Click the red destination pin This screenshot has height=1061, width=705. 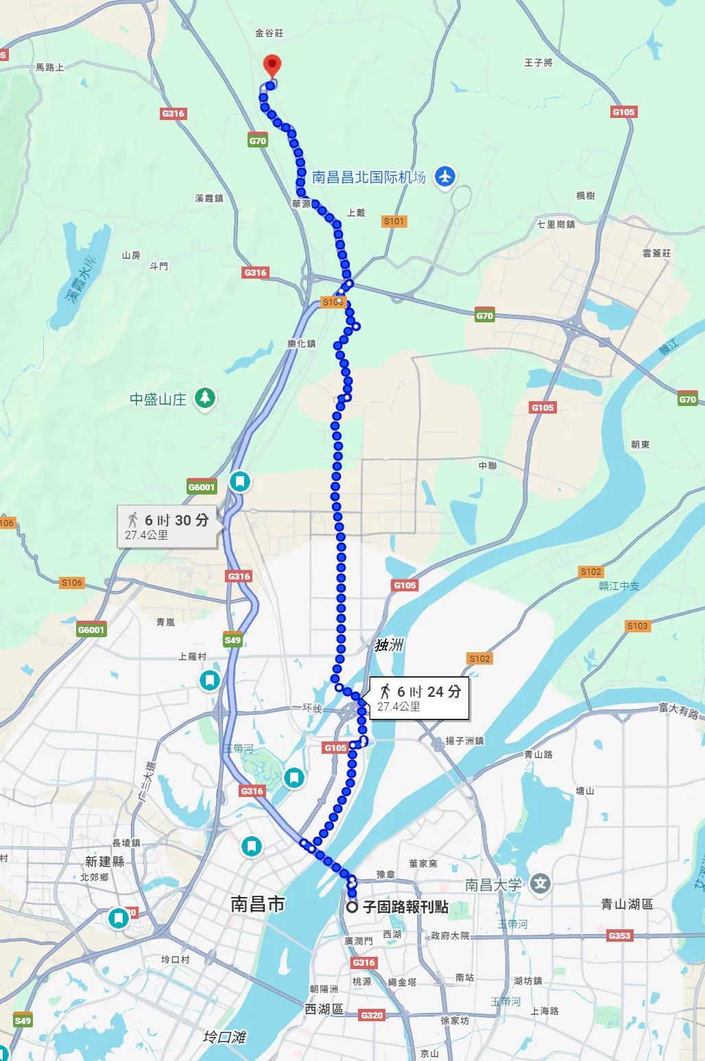click(272, 66)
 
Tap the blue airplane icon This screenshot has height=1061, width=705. click(445, 176)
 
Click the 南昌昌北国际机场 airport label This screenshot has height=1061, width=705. click(369, 177)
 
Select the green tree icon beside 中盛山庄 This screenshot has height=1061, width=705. click(204, 398)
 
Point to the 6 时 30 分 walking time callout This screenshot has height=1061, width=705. click(168, 526)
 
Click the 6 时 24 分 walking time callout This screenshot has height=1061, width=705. click(420, 698)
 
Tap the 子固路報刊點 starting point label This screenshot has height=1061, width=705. click(405, 907)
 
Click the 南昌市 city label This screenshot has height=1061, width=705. click(257, 904)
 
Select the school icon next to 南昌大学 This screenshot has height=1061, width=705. click(540, 883)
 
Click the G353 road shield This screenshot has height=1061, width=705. click(619, 935)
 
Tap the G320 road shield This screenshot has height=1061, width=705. click(372, 1015)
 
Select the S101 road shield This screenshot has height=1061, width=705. click(394, 221)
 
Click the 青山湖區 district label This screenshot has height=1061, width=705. click(627, 904)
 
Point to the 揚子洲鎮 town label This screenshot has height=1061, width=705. click(464, 741)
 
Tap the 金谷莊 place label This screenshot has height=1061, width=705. click(269, 33)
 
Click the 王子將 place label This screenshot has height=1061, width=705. click(538, 62)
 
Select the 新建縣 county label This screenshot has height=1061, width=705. click(105, 861)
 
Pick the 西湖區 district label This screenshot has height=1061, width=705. click(324, 1010)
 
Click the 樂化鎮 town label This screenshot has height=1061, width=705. click(302, 344)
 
